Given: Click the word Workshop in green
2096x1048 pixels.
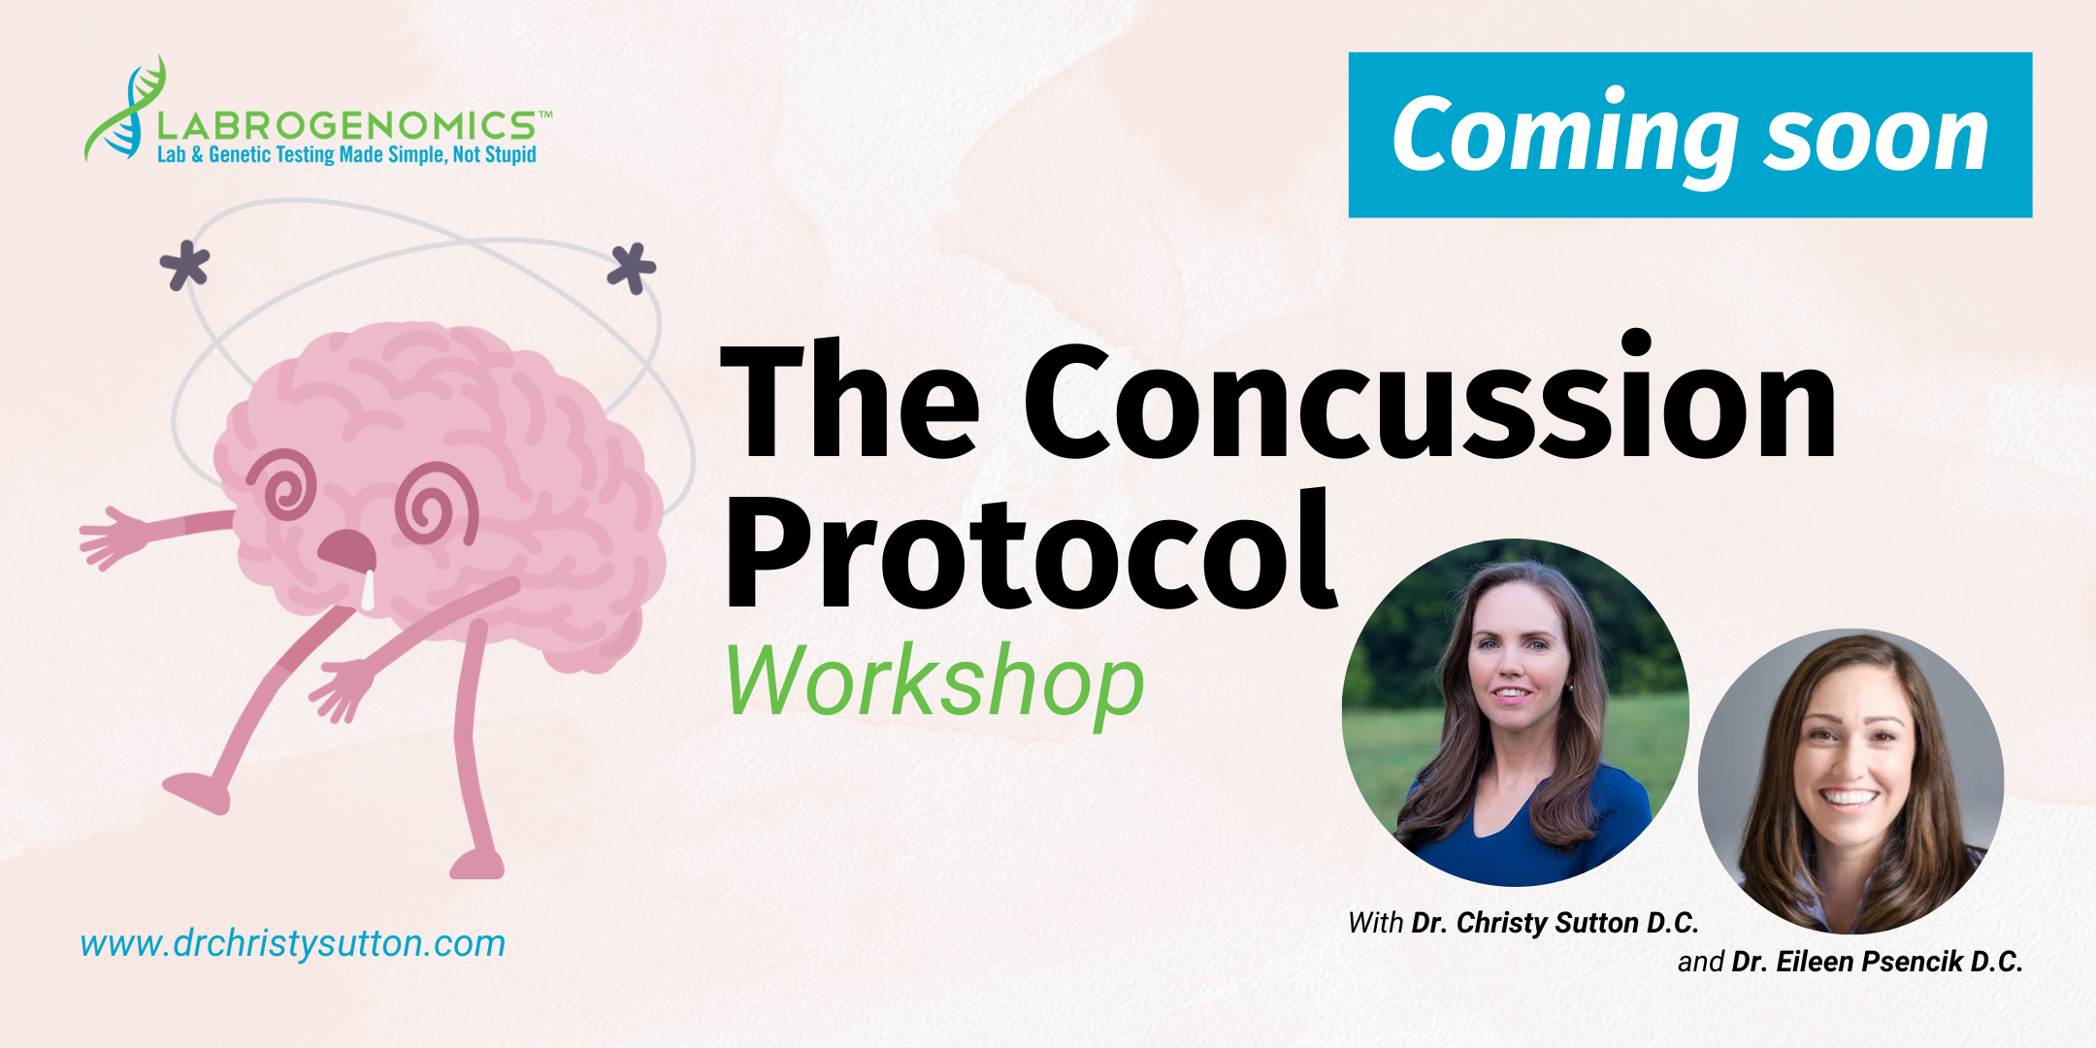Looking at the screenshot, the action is pyautogui.click(x=934, y=682).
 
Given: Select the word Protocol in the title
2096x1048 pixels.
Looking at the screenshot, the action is pyautogui.click(x=1031, y=550).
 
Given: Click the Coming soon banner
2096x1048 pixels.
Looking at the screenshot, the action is pyautogui.click(x=1690, y=135).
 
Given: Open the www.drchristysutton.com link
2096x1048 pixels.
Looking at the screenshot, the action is pyautogui.click(x=293, y=943).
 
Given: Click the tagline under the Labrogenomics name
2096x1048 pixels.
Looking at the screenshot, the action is pyautogui.click(x=346, y=155).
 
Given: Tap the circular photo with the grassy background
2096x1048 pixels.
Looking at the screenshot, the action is pyautogui.click(x=1515, y=712).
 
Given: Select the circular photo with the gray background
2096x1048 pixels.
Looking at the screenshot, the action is pyautogui.click(x=1850, y=781).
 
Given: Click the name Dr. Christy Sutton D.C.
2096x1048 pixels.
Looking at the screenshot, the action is pyautogui.click(x=1555, y=923).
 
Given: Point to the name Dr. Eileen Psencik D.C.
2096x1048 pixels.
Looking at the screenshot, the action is pyautogui.click(x=1877, y=962).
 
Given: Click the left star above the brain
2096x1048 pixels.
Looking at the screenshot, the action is pyautogui.click(x=184, y=267).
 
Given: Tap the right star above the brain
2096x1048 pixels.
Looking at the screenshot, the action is pyautogui.click(x=632, y=268).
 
